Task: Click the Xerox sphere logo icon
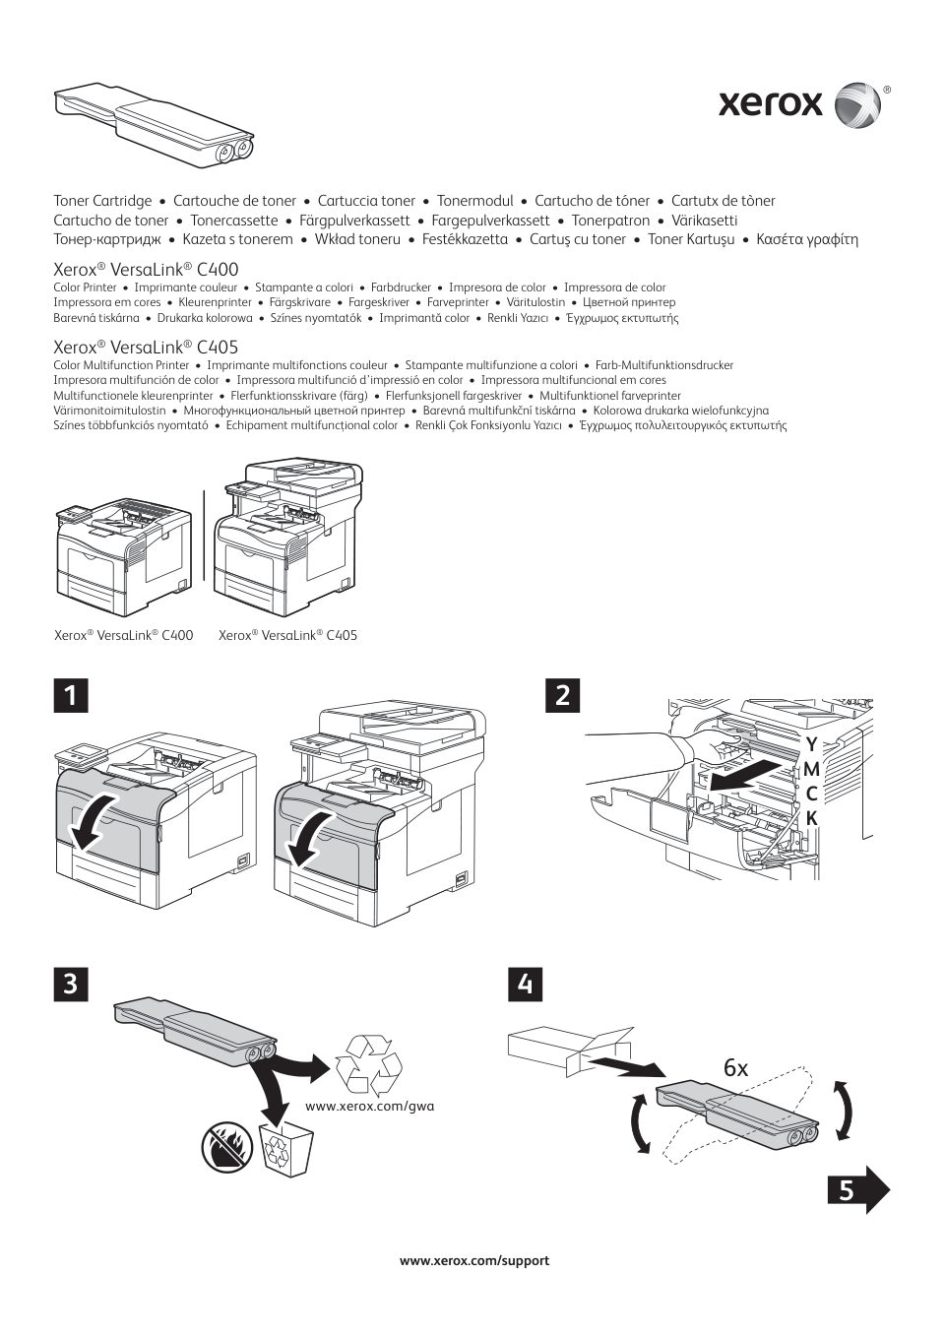(x=857, y=105)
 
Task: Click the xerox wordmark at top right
(x=770, y=103)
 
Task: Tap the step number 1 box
(x=70, y=695)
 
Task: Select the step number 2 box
(x=562, y=695)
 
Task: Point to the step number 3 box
(x=70, y=985)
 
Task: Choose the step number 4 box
(x=528, y=985)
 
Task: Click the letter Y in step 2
(x=811, y=743)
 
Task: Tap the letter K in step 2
(x=811, y=818)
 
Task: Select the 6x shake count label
(x=735, y=1067)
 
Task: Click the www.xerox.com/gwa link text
(x=370, y=1106)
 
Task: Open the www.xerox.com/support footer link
(x=473, y=1260)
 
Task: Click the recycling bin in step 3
(x=285, y=1148)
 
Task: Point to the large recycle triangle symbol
(x=369, y=1064)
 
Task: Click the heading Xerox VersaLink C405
(x=146, y=348)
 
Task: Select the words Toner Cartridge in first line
(x=102, y=201)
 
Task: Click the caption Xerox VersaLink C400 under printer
(x=123, y=636)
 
